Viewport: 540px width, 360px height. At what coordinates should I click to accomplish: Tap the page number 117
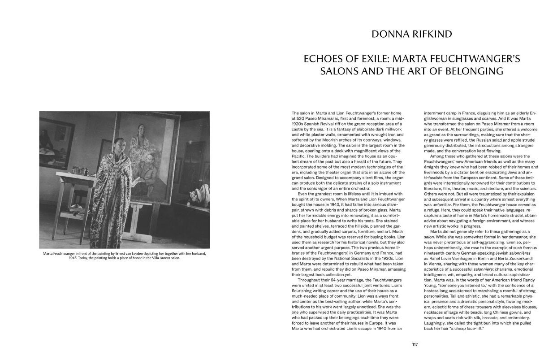415,344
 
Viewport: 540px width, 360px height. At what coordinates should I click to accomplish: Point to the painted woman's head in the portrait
141,129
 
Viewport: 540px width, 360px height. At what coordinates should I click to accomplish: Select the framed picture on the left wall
57,137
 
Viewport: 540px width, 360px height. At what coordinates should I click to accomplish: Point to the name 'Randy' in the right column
528,280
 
